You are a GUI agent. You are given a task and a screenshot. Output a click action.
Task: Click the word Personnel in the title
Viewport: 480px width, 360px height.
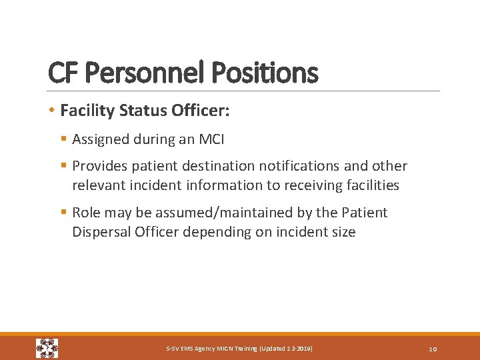142,73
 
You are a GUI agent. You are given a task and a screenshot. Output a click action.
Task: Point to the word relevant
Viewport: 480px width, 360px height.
97,185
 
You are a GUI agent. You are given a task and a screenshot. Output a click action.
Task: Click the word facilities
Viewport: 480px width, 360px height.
369,185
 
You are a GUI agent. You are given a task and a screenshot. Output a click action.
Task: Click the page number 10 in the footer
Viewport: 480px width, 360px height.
433,349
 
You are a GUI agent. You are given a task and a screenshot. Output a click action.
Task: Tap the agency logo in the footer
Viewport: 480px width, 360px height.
47,348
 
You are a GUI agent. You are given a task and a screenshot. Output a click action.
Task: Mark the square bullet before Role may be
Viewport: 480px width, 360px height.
63,213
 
